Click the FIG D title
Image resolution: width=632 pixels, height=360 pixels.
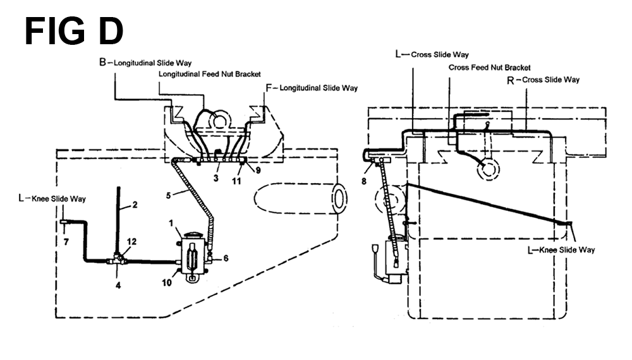coord(74,32)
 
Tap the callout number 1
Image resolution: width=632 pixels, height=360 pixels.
coord(171,223)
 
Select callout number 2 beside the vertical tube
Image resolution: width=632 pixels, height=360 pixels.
coord(135,205)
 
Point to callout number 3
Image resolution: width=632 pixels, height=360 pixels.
coord(216,177)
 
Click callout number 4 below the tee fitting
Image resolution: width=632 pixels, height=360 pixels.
coord(118,285)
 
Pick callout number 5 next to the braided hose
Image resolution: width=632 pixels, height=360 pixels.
coord(169,195)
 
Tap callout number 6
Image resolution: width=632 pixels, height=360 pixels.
coord(226,258)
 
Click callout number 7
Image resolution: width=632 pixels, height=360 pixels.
coord(66,242)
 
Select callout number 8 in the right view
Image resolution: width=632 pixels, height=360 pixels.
coord(364,181)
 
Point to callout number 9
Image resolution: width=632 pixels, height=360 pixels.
coord(258,170)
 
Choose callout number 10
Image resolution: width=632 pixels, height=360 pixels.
coord(167,283)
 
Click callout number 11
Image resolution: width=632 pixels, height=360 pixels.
coord(236,181)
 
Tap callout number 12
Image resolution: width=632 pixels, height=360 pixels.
coord(132,241)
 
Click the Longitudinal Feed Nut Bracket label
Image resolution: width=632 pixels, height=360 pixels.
coord(210,74)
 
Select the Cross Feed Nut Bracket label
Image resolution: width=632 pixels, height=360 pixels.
coord(490,68)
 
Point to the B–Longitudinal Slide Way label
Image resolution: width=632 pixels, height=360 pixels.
coord(145,63)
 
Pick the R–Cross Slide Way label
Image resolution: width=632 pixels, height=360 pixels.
coord(543,80)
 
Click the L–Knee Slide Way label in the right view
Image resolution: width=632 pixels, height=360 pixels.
coord(561,250)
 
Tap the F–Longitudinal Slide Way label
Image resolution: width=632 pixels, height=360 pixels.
coord(312,88)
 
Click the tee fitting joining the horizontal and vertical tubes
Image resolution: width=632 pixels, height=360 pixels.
coord(118,260)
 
